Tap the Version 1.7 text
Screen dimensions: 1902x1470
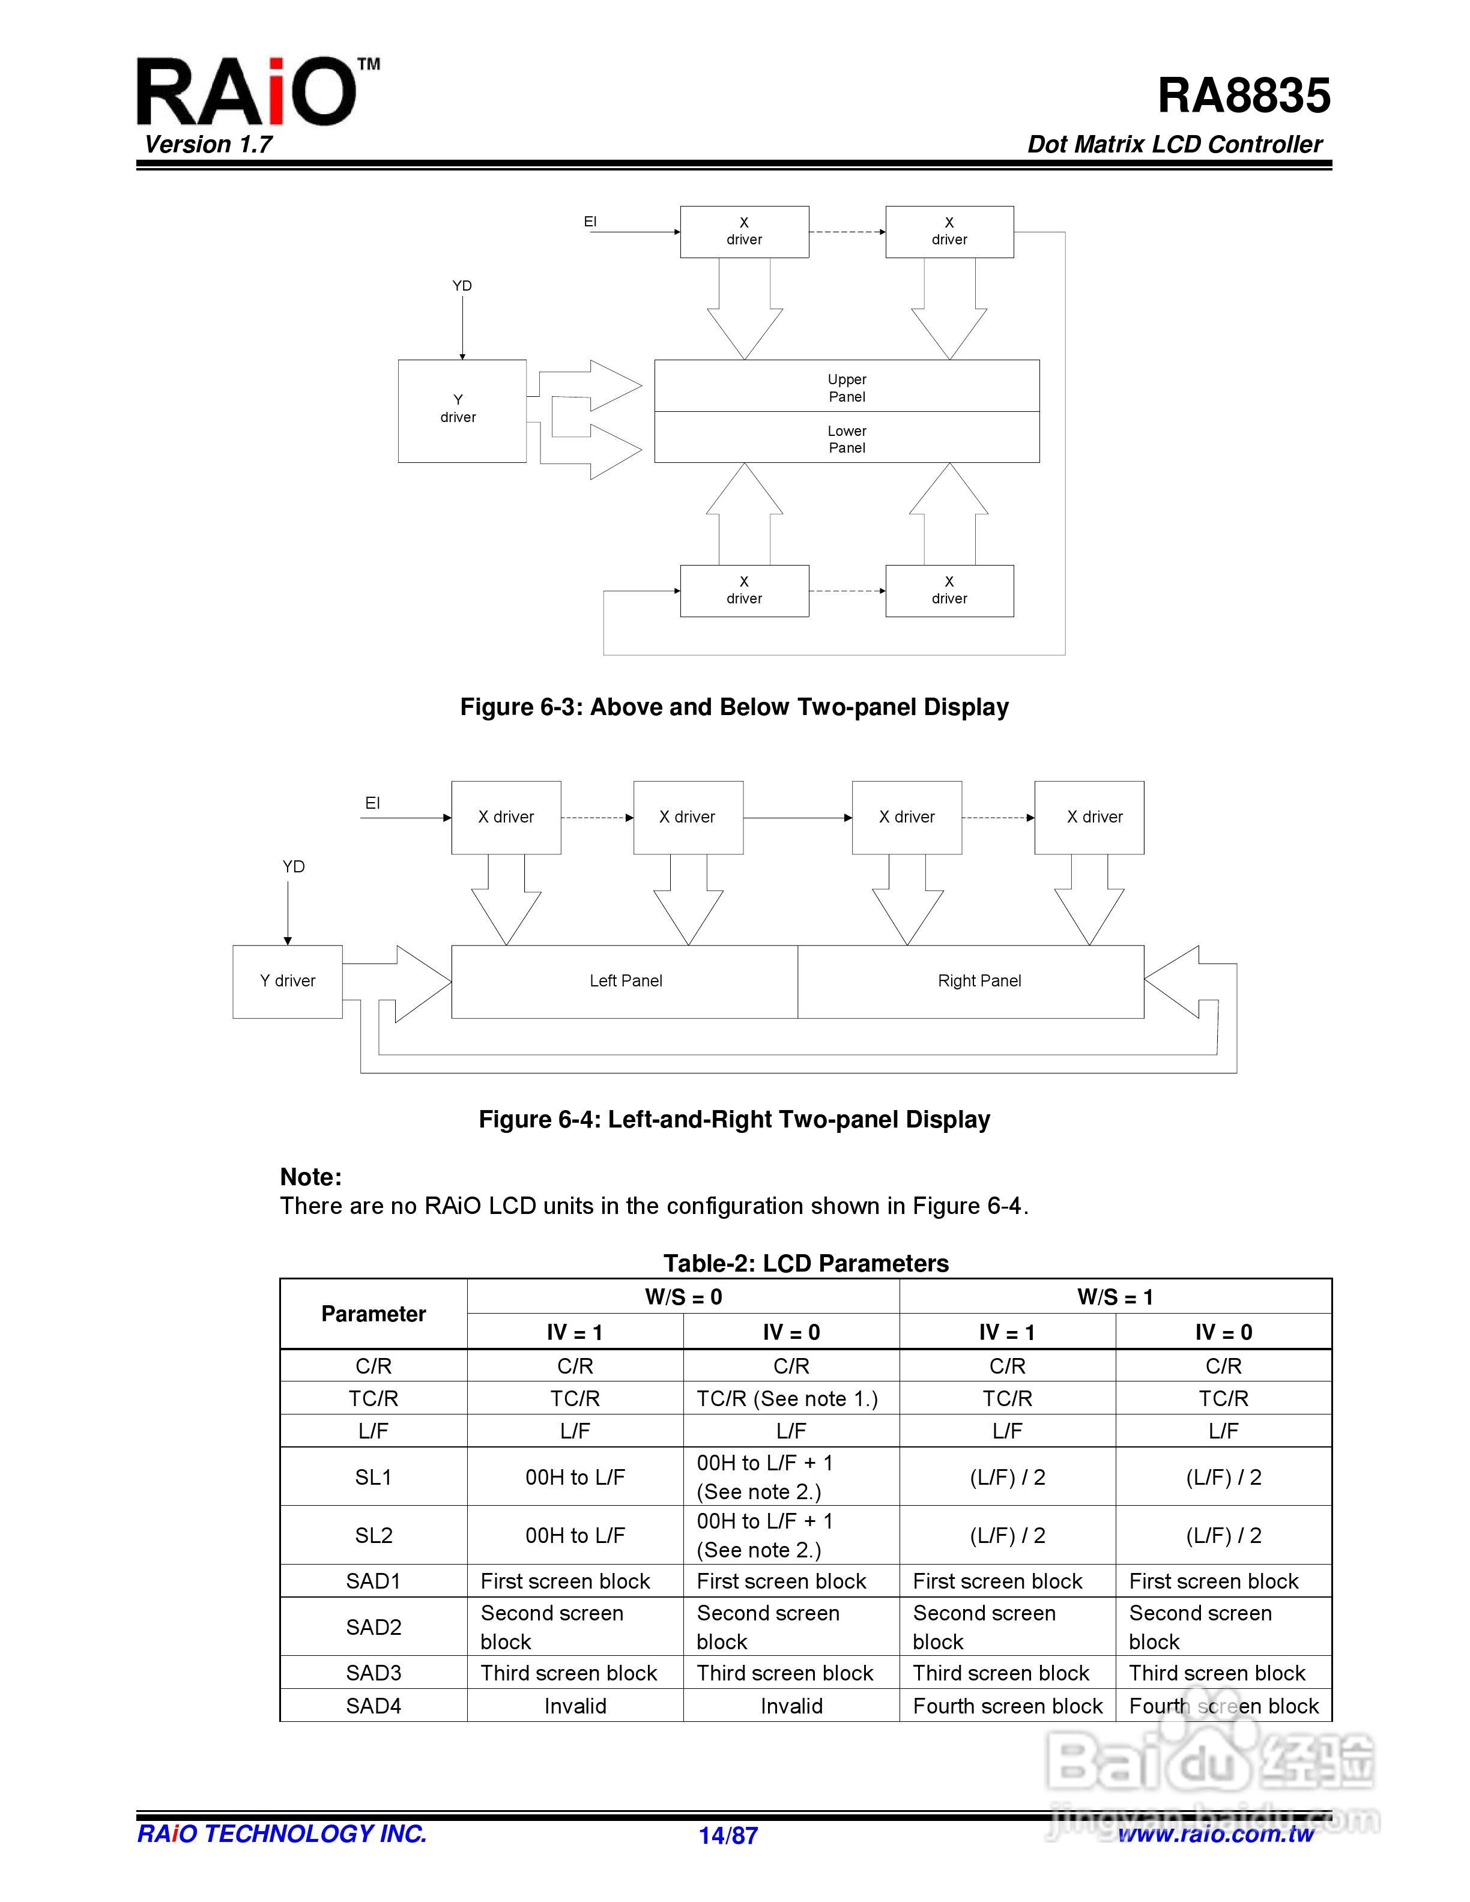pyautogui.click(x=208, y=145)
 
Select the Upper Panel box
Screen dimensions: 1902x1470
pyautogui.click(x=847, y=387)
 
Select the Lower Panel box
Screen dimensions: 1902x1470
pyautogui.click(x=847, y=438)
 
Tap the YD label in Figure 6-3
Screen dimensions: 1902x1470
pyautogui.click(x=462, y=286)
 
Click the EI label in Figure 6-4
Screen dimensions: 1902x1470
pyautogui.click(x=373, y=803)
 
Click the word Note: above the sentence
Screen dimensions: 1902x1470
pyautogui.click(x=311, y=1177)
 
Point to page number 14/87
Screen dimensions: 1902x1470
pyautogui.click(x=728, y=1836)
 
